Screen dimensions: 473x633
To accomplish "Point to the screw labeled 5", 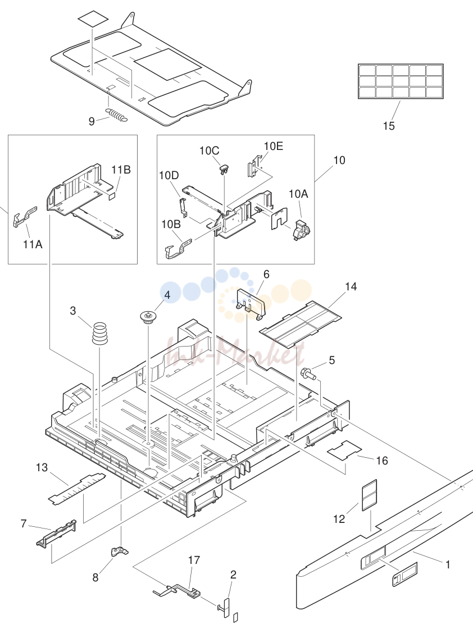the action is click(308, 374).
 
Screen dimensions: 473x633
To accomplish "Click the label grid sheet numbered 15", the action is click(401, 81).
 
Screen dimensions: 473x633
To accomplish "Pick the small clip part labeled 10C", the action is click(224, 169).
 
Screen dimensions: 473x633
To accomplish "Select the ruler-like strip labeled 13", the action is click(77, 489).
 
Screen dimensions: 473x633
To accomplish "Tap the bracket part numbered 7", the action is click(56, 533).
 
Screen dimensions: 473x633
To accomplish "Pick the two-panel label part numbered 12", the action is click(369, 495).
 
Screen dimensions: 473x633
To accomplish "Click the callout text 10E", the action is click(274, 146).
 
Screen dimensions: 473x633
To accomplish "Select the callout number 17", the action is click(194, 561).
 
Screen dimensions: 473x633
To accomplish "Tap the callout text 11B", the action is click(121, 170).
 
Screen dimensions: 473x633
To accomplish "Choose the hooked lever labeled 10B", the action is click(178, 248).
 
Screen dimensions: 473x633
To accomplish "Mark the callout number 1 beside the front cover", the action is click(448, 564).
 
